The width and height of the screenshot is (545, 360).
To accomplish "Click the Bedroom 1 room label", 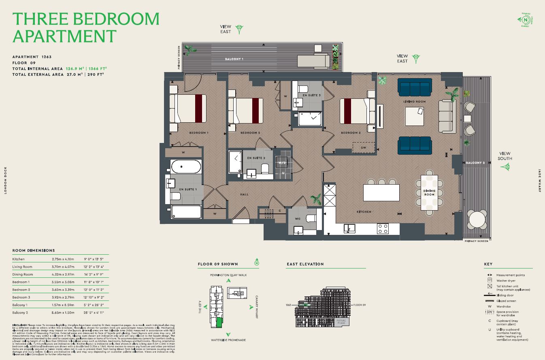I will point(199,133).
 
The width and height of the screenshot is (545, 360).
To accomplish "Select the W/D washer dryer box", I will point(281,163).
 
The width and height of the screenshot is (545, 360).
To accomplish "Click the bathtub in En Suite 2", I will point(235,162).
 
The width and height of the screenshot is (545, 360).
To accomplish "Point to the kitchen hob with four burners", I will point(383,229).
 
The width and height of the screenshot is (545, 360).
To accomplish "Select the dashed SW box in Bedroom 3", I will point(363,148).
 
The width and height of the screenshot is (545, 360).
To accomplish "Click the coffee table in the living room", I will point(415,116).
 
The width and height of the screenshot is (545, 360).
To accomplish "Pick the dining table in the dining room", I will point(429,192).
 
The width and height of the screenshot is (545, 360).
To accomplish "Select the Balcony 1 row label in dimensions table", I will point(21,305).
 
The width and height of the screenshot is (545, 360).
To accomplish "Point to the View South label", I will point(505,156).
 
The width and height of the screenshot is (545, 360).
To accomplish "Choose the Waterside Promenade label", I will point(228,340).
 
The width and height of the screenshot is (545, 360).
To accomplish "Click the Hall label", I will point(244,194).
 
